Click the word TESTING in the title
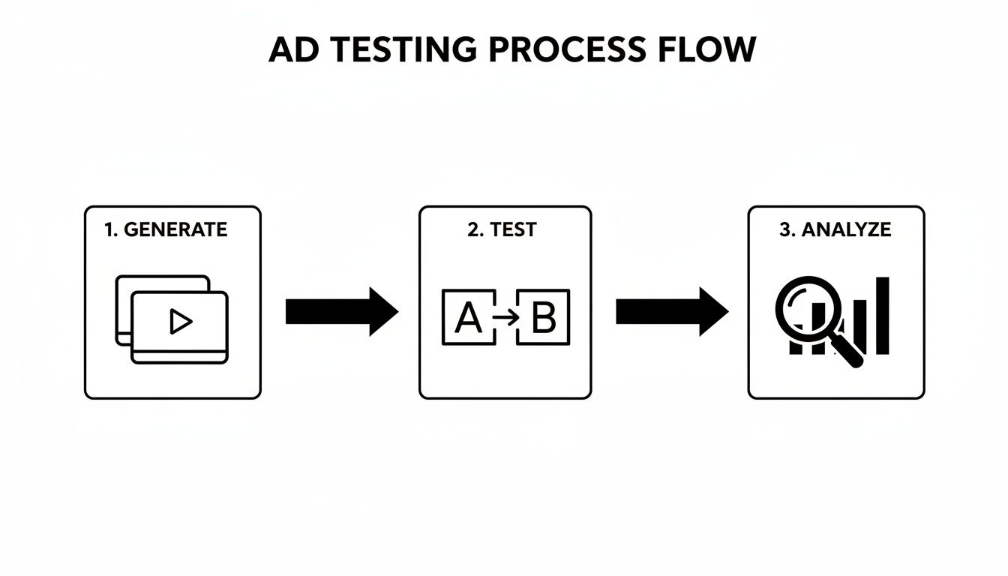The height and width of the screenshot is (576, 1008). coord(391,49)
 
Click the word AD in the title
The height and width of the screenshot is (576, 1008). coord(293,49)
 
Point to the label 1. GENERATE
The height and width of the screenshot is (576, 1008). coord(166,229)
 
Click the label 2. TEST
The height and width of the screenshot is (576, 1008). coord(502,229)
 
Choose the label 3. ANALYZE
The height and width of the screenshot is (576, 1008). coord(835,229)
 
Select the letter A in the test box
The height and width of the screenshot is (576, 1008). coord(469,317)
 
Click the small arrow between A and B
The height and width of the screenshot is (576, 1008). coord(506,317)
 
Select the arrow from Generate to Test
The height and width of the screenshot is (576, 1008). coord(341,310)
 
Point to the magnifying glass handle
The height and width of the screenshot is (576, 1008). coord(847,350)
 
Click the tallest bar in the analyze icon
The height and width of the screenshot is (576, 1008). coord(883,315)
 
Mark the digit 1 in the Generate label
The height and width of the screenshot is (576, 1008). coord(109,229)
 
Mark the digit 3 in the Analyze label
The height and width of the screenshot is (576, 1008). coord(785,229)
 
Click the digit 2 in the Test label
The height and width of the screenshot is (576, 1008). coord(472,229)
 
